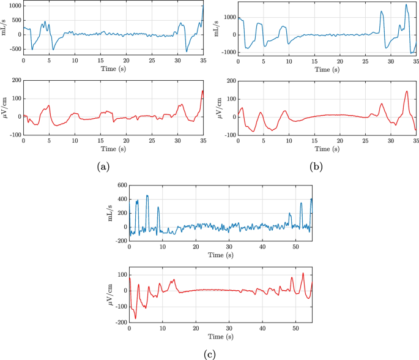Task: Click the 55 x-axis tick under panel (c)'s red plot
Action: pos(311,328)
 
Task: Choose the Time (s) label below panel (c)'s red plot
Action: pos(220,337)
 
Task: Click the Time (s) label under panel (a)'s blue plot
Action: pos(114,69)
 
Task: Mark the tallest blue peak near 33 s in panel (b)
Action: pos(406,5)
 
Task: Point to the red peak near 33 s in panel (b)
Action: pos(407,91)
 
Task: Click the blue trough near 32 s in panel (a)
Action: pos(187,51)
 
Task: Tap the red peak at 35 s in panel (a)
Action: pos(202,91)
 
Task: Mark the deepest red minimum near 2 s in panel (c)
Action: pos(136,318)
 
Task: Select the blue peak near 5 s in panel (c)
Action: pos(147,196)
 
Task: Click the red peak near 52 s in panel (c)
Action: pos(303,273)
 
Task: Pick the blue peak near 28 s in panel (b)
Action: pos(381,11)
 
